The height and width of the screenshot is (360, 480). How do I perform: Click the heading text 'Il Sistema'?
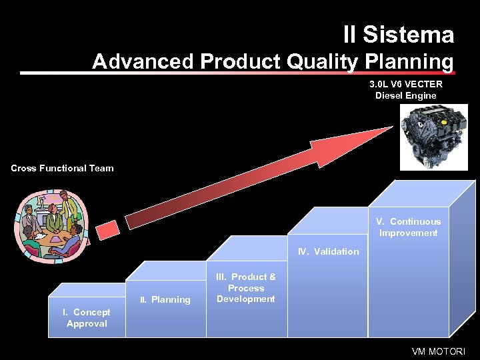pos(398,35)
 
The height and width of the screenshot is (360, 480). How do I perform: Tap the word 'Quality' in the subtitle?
pos(325,61)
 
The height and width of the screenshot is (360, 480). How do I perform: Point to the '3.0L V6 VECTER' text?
pos(406,84)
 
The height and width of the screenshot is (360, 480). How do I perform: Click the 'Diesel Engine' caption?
pos(406,95)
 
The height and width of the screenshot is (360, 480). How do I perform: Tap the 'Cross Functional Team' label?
pos(62,168)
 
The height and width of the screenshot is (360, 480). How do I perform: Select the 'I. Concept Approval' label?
pos(87,318)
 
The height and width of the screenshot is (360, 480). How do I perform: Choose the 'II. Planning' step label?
pos(165,299)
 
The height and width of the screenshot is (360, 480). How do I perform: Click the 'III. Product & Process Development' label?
pos(246,288)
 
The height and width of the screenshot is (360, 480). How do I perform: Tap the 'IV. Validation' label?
pos(328,251)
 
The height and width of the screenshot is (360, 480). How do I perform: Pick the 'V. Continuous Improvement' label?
pos(408,227)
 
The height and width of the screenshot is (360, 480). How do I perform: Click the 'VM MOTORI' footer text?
pos(437,351)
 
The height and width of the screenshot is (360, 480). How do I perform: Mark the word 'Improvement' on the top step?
pos(408,233)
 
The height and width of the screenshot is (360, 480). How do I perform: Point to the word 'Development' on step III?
pos(246,299)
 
